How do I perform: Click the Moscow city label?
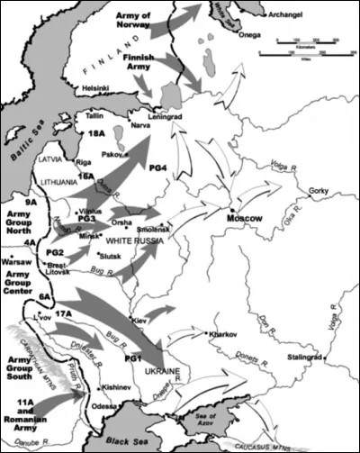tap(242, 219)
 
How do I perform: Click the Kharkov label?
tap(222, 347)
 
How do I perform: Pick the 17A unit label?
tap(63, 313)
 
